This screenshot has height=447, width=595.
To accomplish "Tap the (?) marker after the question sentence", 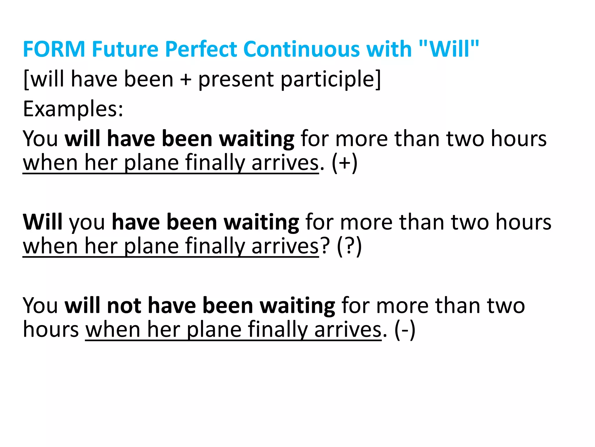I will (349, 246).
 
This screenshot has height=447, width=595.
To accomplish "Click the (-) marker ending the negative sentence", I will (405, 330).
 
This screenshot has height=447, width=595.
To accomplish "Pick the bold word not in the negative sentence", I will (124, 306).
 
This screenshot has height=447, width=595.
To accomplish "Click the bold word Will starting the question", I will (43, 222).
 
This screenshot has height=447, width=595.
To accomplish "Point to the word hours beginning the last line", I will (51, 329).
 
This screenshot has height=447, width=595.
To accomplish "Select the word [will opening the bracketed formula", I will (44, 79).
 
